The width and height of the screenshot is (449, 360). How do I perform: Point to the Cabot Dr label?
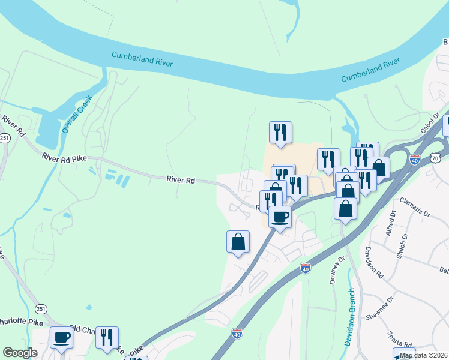point(431,122)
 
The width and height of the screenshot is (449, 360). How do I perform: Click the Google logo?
point(20,353)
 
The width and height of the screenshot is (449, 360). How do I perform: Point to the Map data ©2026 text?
point(424,355)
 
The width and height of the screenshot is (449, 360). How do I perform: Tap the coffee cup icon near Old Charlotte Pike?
point(61,337)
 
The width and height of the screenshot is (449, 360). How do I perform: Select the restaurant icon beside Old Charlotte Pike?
point(107,337)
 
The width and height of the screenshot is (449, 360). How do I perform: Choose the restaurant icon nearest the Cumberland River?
point(280,132)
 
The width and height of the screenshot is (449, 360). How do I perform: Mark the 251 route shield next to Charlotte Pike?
point(40,309)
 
